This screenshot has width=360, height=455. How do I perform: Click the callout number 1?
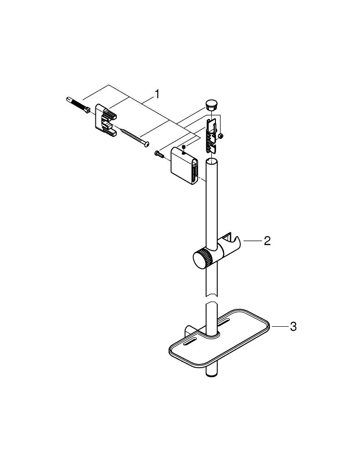(157, 94)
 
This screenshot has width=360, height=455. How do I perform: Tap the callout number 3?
(293, 327)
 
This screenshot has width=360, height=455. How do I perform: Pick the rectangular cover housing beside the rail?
(184, 167)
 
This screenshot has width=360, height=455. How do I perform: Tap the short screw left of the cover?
(160, 155)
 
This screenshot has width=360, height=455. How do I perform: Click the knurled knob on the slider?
(201, 259)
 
